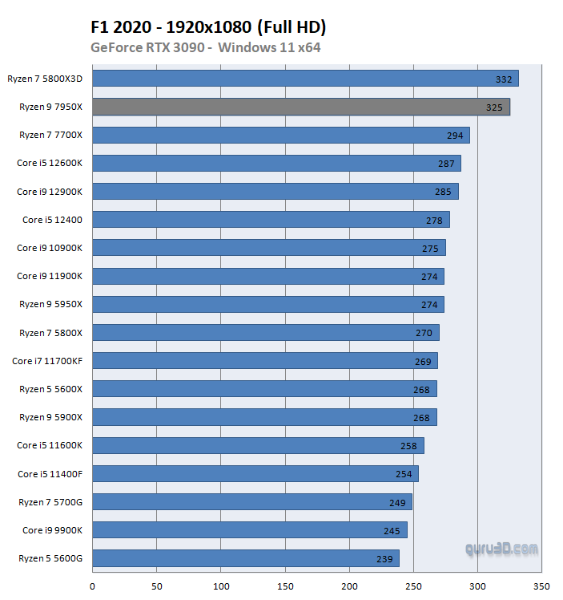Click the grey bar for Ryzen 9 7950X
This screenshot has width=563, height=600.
pos(301,107)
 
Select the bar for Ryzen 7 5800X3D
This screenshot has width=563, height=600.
pos(305,79)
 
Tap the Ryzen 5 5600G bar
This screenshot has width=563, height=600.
pos(246,558)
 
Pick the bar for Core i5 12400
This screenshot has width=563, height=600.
pos(271,220)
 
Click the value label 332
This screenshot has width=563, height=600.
pos(504,79)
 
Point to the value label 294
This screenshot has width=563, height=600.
pos(455,136)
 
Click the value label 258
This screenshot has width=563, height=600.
pos(408,446)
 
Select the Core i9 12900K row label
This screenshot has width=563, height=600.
pos(50,192)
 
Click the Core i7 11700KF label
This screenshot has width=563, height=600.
pos(47,361)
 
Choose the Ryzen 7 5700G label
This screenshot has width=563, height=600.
pos(51,502)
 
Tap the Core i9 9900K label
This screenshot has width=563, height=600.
pos(52,530)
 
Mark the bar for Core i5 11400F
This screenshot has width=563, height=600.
pos(255,474)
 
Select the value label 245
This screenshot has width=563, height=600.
pos(391,531)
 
